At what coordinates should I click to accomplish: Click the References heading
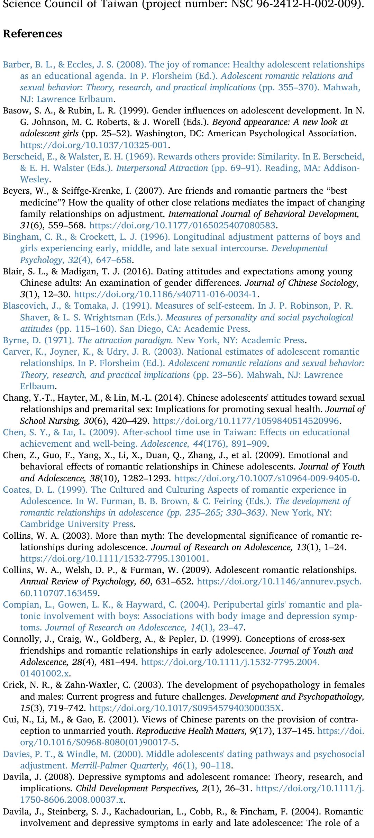click(33, 34)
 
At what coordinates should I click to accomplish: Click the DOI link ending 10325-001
click(94, 145)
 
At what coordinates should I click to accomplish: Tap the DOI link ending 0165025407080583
click(182, 226)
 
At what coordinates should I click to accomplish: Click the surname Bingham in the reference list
click(17, 237)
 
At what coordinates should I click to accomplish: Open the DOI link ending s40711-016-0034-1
click(165, 294)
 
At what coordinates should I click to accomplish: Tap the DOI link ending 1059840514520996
click(246, 421)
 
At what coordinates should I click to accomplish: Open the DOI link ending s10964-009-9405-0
click(266, 479)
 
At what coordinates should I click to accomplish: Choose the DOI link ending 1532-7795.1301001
click(113, 559)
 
